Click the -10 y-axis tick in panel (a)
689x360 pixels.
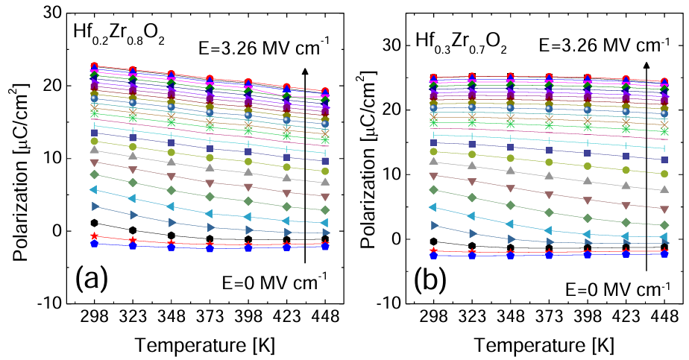click(x=51, y=303)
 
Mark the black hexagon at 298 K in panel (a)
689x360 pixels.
click(x=95, y=224)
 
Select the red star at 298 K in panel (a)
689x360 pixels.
click(x=95, y=236)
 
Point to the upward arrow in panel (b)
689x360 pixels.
click(x=646, y=164)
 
